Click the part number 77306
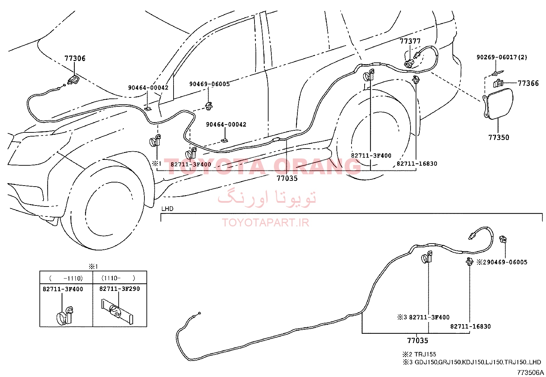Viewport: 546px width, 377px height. pyautogui.click(x=75, y=58)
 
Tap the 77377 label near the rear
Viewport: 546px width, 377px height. pyautogui.click(x=410, y=41)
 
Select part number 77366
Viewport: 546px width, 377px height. pyautogui.click(x=528, y=83)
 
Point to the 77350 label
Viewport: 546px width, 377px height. pyautogui.click(x=499, y=137)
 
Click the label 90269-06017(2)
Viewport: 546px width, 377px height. pyautogui.click(x=502, y=57)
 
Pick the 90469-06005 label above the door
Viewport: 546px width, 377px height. pyautogui.click(x=210, y=84)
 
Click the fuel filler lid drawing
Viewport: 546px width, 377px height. pyautogui.click(x=498, y=104)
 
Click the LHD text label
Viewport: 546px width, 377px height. pyautogui.click(x=167, y=209)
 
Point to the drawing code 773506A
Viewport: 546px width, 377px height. pyautogui.click(x=531, y=373)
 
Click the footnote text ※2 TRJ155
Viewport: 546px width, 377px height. pyautogui.click(x=419, y=354)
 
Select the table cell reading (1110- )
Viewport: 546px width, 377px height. pyautogui.click(x=118, y=278)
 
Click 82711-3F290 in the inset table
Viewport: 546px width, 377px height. pyautogui.click(x=119, y=289)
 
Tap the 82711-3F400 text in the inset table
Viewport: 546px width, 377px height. pyautogui.click(x=63, y=289)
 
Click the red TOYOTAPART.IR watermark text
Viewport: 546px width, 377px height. pyautogui.click(x=265, y=223)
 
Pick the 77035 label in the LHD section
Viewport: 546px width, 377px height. pyautogui.click(x=417, y=340)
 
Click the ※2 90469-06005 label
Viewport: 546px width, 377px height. pyautogui.click(x=502, y=262)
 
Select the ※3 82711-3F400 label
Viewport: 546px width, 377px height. pyautogui.click(x=424, y=317)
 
